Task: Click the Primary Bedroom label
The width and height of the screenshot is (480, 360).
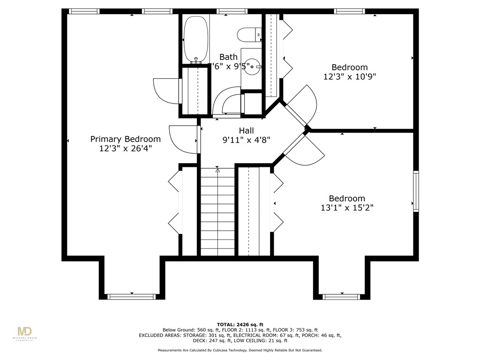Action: point(125,139)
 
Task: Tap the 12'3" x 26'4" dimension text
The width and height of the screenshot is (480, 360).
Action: point(125,149)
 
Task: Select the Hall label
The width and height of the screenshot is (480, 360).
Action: point(247,130)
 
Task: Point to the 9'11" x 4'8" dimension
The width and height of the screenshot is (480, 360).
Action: point(246,140)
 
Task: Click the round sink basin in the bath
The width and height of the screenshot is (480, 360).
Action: point(251,67)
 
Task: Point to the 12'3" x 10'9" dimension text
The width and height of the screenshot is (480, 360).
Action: point(350,76)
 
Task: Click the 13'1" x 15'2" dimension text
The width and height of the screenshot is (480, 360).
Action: point(347,208)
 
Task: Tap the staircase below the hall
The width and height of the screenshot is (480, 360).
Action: point(217,211)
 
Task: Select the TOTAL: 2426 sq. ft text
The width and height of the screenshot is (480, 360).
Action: point(240,324)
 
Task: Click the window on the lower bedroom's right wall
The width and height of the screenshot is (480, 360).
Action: point(416,191)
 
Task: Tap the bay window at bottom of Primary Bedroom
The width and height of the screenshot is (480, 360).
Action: point(131,296)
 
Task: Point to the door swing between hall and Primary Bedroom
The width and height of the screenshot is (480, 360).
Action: point(183,139)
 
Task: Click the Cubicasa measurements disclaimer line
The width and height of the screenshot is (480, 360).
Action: point(240,350)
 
